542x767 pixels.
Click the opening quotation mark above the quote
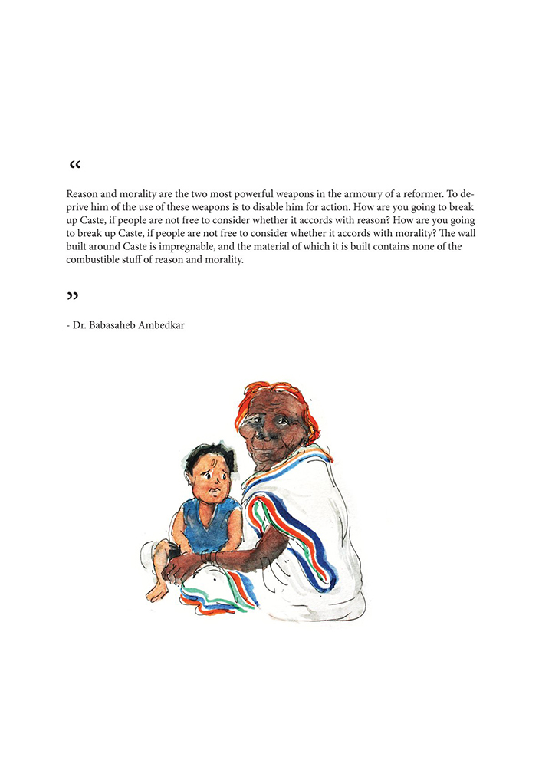click(x=74, y=166)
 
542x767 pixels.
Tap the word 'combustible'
click(x=93, y=259)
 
